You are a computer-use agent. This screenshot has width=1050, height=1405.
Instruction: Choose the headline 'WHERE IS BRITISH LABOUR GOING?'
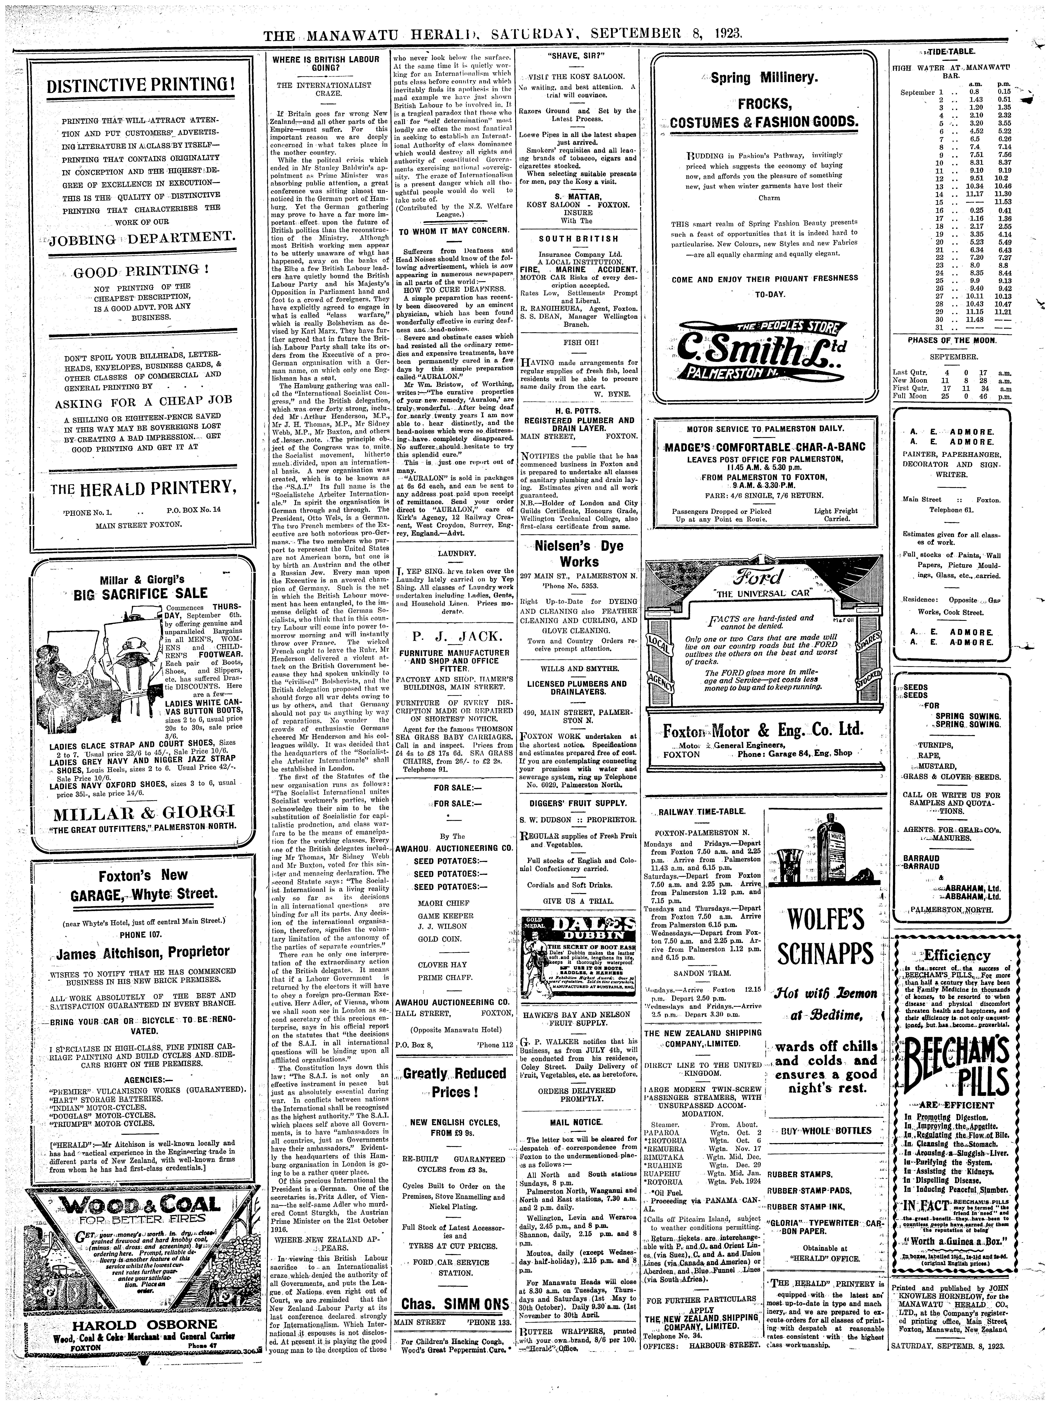click(x=325, y=64)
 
